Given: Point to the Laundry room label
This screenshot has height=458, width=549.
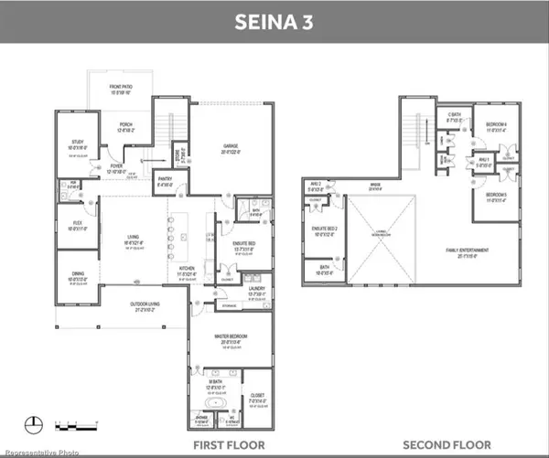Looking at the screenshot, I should pyautogui.click(x=256, y=293).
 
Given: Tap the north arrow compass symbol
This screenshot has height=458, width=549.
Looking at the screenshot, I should pyautogui.click(x=36, y=421).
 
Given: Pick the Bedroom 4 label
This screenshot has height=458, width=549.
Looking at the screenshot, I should pyautogui.click(x=496, y=126).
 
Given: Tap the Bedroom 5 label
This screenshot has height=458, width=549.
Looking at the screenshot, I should pyautogui.click(x=496, y=198).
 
